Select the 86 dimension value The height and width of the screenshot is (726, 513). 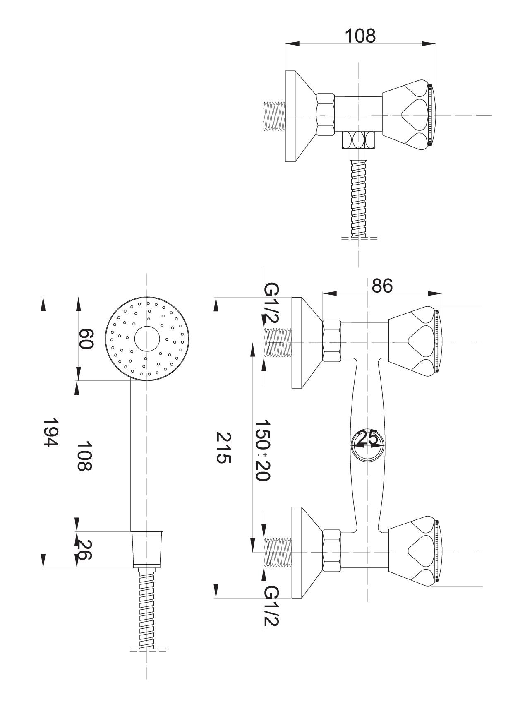382,286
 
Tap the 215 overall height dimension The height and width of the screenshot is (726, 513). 224,448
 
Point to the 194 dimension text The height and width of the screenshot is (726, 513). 51,432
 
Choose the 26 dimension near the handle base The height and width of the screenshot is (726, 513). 84,549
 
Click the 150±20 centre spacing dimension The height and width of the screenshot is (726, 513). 262,450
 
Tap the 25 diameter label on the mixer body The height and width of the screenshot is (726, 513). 367,438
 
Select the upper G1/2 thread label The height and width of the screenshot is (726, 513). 272,304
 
